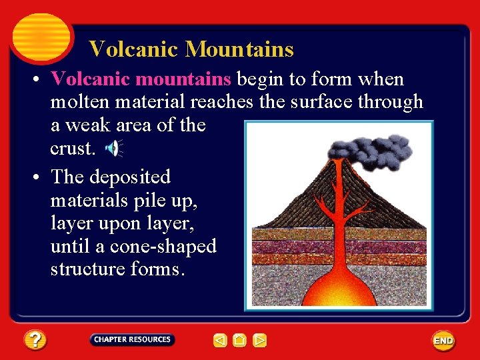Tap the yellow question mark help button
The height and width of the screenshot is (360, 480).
point(35,340)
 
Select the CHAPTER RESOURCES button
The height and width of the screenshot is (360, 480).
point(132,339)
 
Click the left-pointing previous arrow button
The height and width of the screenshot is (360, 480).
point(220,341)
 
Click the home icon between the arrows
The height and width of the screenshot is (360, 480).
point(240,341)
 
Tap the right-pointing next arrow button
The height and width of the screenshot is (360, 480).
point(260,341)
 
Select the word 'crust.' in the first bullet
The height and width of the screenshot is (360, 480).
point(73,148)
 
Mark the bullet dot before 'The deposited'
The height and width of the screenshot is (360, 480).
point(33,177)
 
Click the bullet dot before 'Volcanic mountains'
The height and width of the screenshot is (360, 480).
point(33,80)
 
